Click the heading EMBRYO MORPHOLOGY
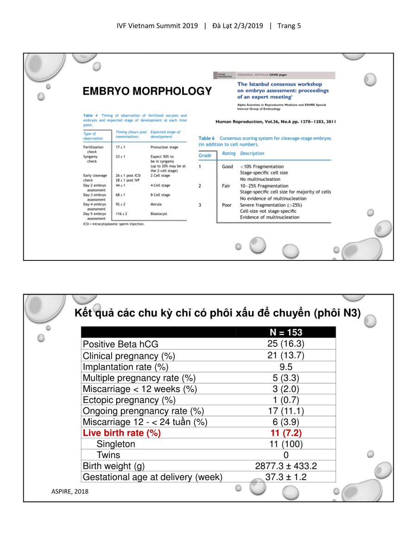(147, 91)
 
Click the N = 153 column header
(286, 333)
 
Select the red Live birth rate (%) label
(121, 433)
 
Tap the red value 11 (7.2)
(286, 433)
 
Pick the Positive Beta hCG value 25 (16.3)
(286, 344)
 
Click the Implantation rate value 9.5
(286, 367)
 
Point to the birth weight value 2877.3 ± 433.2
(286, 466)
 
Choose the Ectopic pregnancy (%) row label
(129, 400)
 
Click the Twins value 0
(286, 455)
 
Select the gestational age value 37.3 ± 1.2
(286, 477)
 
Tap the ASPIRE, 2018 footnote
(69, 491)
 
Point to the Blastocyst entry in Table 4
(158, 214)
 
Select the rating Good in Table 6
(227, 166)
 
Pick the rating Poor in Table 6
(227, 205)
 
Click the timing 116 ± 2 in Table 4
(121, 214)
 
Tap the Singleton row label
(116, 444)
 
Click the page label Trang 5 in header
(289, 26)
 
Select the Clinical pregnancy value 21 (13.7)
(286, 356)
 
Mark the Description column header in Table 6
(252, 154)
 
